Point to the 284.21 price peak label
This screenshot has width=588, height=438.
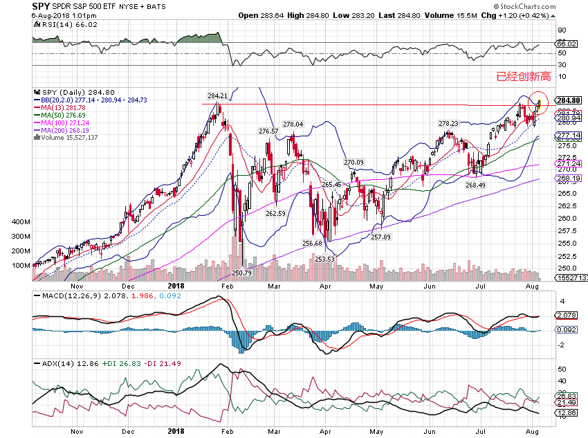217,96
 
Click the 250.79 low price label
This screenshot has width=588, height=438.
243,273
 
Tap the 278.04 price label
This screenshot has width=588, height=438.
293,125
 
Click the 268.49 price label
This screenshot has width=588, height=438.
477,185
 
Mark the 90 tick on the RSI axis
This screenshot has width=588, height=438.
562,30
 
